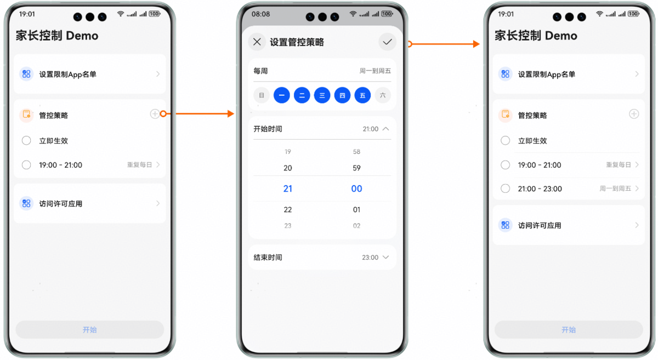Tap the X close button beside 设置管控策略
[257, 42]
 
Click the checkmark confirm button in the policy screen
[387, 42]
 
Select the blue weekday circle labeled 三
[322, 95]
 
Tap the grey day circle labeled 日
[262, 95]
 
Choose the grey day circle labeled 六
[383, 95]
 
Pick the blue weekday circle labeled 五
[362, 95]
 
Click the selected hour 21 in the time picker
[287, 188]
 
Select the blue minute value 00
[356, 188]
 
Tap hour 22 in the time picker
[287, 210]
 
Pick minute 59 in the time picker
[356, 168]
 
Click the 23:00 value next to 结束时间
[370, 258]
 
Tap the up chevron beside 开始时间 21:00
[385, 129]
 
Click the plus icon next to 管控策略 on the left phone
[155, 114]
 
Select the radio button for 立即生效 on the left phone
[26, 141]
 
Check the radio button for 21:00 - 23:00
[505, 188]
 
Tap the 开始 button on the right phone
[569, 329]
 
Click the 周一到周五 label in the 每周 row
[375, 71]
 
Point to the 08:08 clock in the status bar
[260, 14]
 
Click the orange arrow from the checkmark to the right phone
[444, 44]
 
